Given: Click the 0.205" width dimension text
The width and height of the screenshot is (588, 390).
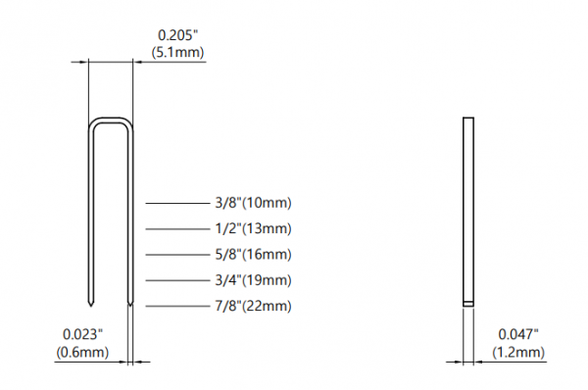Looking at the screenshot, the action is pyautogui.click(x=177, y=35).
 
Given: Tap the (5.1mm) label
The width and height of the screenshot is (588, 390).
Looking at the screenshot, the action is pyautogui.click(x=177, y=52).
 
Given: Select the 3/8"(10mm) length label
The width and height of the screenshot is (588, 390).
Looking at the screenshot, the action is pyautogui.click(x=253, y=203).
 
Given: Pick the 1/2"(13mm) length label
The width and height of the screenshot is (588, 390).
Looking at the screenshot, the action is pyautogui.click(x=253, y=228).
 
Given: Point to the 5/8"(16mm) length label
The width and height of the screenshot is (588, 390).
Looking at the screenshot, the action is pyautogui.click(x=253, y=255).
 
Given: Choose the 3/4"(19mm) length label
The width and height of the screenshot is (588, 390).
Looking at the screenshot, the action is pyautogui.click(x=253, y=280).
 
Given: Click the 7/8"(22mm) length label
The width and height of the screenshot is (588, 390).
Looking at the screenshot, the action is pyautogui.click(x=253, y=306).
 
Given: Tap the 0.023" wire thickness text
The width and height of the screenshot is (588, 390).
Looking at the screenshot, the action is pyautogui.click(x=83, y=334).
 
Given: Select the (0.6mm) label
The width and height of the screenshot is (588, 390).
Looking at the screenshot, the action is pyautogui.click(x=82, y=352).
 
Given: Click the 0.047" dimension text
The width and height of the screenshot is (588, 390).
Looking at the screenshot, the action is pyautogui.click(x=518, y=334).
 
